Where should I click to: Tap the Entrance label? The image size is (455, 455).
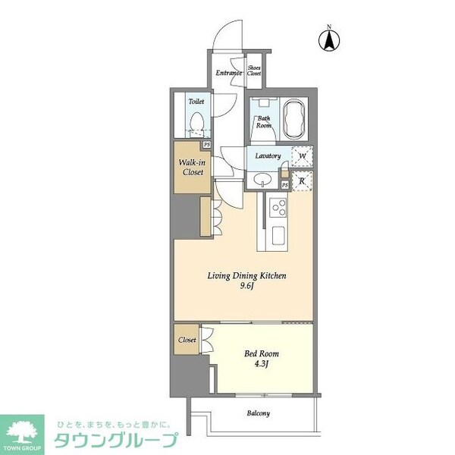pos(229,73)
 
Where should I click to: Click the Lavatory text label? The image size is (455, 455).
pos(268,156)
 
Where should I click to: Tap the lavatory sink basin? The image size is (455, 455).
pos(262,179)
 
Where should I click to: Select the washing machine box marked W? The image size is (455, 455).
pos(302,156)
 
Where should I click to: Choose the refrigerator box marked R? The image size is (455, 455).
pos(302,180)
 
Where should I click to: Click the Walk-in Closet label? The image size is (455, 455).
pos(190,167)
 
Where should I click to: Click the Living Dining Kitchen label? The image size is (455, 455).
pos(247,276)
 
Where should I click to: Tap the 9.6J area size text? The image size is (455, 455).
pos(247,287)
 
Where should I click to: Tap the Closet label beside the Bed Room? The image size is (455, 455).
pos(187,340)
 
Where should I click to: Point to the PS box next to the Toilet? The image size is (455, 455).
pos(206,145)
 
